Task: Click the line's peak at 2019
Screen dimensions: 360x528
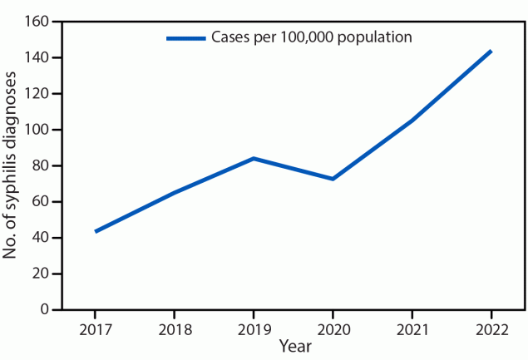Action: [x=254, y=158]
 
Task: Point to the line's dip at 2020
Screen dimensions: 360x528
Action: [x=333, y=179]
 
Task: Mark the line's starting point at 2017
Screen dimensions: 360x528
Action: [x=96, y=231]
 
